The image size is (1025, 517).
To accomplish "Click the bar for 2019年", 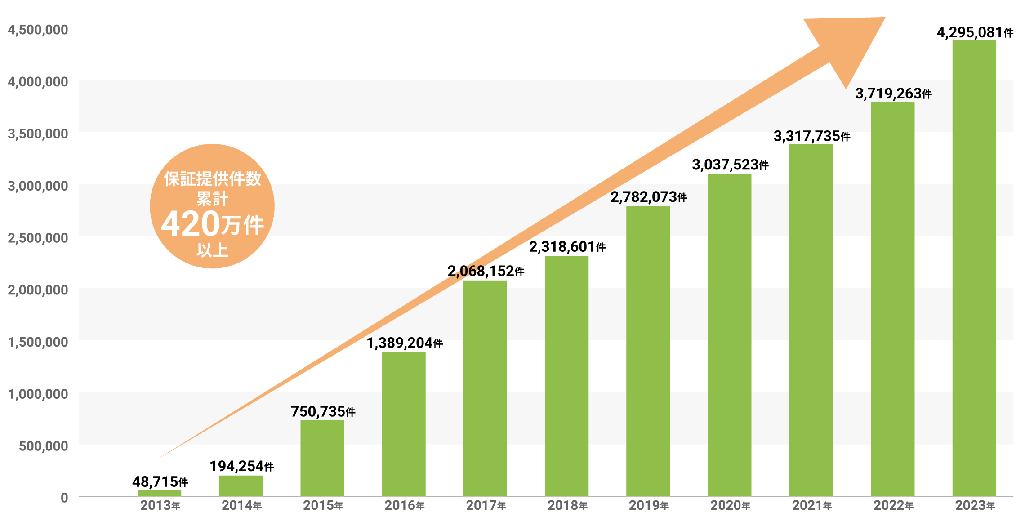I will tap(648, 351).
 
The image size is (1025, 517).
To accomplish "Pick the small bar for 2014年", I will tap(241, 486).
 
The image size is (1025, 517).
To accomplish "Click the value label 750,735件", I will tap(323, 411).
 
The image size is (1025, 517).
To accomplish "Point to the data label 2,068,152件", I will tap(486, 271).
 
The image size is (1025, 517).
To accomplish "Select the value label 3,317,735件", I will tap(811, 136).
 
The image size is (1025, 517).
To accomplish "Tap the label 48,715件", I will tap(160, 482).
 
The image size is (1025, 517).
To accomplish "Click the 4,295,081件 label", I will tap(975, 33).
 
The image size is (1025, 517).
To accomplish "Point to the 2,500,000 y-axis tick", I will tap(38, 238).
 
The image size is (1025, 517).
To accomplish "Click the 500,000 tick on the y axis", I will tap(43, 446).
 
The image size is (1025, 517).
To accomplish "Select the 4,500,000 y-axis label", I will tap(38, 30).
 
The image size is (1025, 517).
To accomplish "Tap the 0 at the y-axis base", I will tap(64, 498).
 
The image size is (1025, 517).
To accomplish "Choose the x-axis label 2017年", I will tap(486, 506).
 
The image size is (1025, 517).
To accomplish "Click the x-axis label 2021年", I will tap(811, 506).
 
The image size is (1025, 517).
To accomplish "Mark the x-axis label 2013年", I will tap(160, 506).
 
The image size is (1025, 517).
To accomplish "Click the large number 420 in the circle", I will tap(191, 224).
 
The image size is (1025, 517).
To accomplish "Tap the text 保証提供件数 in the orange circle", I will tap(212, 179).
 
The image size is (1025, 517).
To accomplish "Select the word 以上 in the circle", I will tap(212, 250).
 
